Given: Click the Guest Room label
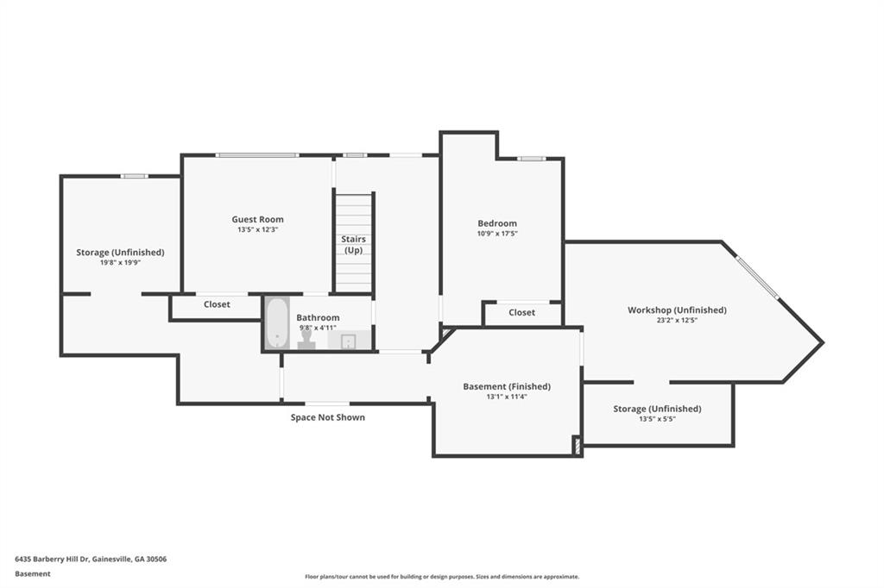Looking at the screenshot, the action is click(257, 220).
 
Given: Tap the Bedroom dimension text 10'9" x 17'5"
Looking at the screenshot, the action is click(497, 233).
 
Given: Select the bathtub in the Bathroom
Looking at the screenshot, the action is click(276, 322).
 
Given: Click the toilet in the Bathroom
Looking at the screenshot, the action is click(306, 339).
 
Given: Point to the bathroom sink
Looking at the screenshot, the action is click(348, 341).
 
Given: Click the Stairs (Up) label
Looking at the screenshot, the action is click(353, 245).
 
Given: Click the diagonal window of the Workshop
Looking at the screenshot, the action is click(757, 277).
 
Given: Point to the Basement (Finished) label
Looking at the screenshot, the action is click(507, 386).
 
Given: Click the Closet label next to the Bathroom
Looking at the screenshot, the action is click(217, 304).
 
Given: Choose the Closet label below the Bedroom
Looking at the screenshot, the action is click(522, 313).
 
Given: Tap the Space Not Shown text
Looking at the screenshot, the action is click(327, 417).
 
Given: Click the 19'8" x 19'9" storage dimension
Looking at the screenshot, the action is click(120, 262).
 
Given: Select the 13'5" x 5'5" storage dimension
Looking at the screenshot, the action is click(657, 419).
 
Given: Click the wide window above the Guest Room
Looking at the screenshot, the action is click(257, 155).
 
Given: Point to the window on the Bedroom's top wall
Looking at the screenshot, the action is click(532, 159).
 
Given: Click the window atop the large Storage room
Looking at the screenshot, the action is click(134, 176).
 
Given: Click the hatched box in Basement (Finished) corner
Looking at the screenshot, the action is click(578, 446).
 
